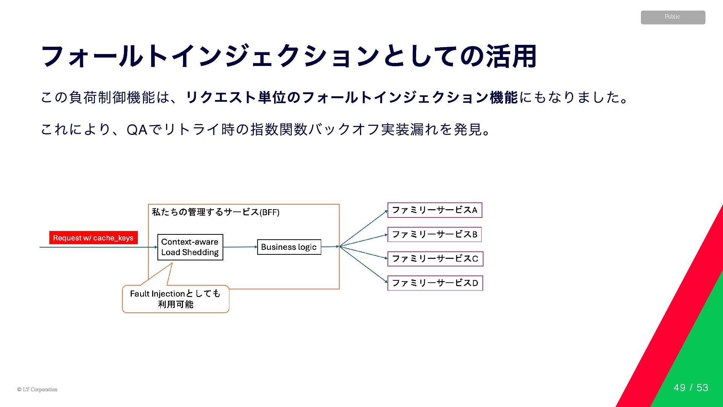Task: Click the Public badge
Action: [x=673, y=17]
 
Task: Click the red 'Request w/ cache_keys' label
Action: [x=93, y=238]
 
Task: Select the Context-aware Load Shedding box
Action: [x=190, y=247]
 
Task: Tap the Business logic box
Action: [x=289, y=247]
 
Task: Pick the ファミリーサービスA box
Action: [x=435, y=210]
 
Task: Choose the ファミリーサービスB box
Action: [x=435, y=234]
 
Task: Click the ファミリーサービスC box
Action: [x=435, y=259]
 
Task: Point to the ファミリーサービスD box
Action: [x=435, y=283]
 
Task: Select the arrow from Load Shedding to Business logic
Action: [x=240, y=247]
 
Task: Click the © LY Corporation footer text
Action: [x=37, y=390]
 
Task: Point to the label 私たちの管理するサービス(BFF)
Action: [x=215, y=212]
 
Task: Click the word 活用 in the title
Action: [x=511, y=57]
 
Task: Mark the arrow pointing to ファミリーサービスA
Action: [x=363, y=228]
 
